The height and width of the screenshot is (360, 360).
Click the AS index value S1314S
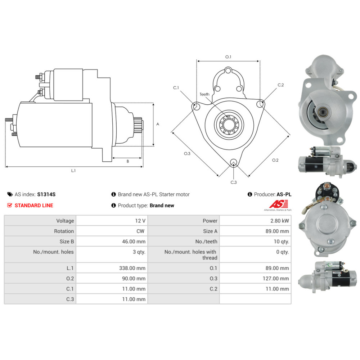click(x=46, y=194)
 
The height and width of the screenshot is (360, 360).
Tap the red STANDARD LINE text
click(x=34, y=205)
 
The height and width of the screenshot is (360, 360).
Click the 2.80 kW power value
click(x=279, y=221)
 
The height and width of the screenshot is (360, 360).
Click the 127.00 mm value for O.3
click(x=276, y=278)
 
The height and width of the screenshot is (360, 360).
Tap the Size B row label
click(x=67, y=242)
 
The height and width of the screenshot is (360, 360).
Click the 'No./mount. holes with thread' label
click(x=190, y=255)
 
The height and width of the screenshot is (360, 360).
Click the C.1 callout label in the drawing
click(x=176, y=88)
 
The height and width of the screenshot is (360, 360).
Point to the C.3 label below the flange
click(x=234, y=182)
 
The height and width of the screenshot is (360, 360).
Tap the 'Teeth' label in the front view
click(x=204, y=94)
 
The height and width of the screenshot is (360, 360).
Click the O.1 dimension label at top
click(x=228, y=57)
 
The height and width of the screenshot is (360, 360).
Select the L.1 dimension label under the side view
click(x=73, y=171)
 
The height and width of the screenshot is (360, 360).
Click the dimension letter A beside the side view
click(x=158, y=124)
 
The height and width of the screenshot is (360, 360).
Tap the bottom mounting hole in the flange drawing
click(x=234, y=162)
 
